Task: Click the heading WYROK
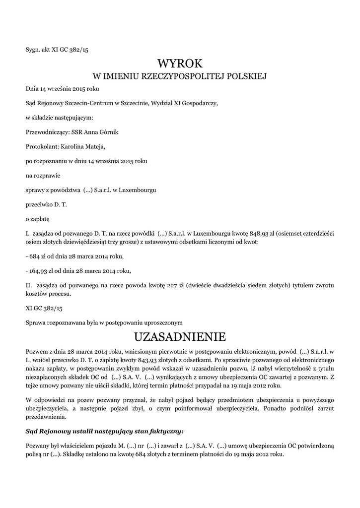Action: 180,63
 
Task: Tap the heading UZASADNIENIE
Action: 180,337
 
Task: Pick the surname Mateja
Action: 95,146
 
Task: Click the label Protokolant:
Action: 42,146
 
